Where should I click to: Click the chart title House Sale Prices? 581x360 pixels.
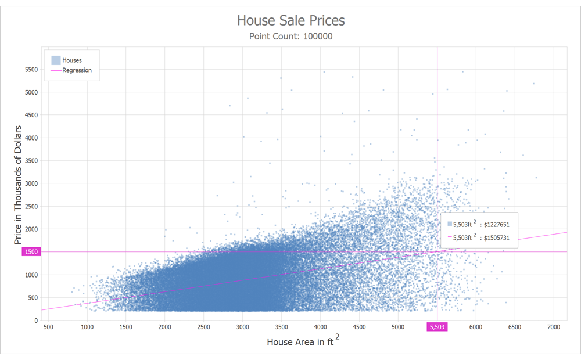(x=290, y=21)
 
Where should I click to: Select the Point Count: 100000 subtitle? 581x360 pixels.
(x=290, y=37)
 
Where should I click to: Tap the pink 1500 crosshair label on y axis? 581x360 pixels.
(x=31, y=252)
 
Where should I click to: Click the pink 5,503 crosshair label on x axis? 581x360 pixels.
(x=437, y=327)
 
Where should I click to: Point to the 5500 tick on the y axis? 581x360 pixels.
(x=31, y=70)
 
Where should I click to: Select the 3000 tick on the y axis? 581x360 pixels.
(x=31, y=183)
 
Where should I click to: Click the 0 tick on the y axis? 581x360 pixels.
(x=36, y=321)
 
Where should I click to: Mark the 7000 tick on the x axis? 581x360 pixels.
(x=554, y=327)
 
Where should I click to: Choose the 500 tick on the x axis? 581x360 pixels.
(x=49, y=327)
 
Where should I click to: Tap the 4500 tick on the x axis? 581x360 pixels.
(x=359, y=327)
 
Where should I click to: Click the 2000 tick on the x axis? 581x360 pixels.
(x=165, y=327)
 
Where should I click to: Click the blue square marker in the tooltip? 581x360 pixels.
(x=449, y=224)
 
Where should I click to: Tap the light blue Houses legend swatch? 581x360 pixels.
(x=56, y=60)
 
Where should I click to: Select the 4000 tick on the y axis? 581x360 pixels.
(x=31, y=138)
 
